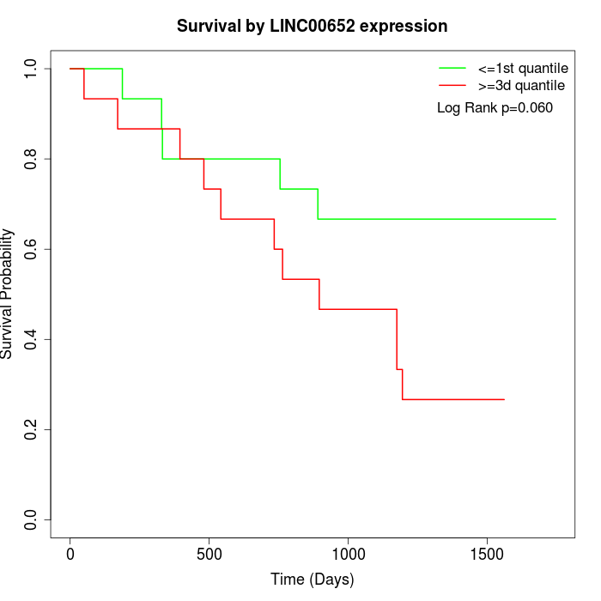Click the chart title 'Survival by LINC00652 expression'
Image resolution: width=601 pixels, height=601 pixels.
pos(312,27)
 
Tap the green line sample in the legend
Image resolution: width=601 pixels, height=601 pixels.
pos(452,68)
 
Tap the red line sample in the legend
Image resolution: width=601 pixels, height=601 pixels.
pos(452,86)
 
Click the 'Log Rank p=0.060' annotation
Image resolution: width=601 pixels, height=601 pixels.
pos(495,108)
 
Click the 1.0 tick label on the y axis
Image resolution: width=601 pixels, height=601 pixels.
pos(32,69)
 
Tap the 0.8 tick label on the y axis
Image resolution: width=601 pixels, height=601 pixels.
pos(32,159)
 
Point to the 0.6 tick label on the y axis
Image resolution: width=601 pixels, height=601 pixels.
pos(32,249)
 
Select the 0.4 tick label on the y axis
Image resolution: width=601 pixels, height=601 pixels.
pos(32,339)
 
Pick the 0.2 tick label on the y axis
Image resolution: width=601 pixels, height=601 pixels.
pos(32,429)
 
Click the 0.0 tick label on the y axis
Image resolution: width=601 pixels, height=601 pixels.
pos(32,519)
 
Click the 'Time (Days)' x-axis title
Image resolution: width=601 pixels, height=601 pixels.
pos(312,580)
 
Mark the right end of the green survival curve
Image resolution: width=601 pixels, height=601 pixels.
pos(555,219)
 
